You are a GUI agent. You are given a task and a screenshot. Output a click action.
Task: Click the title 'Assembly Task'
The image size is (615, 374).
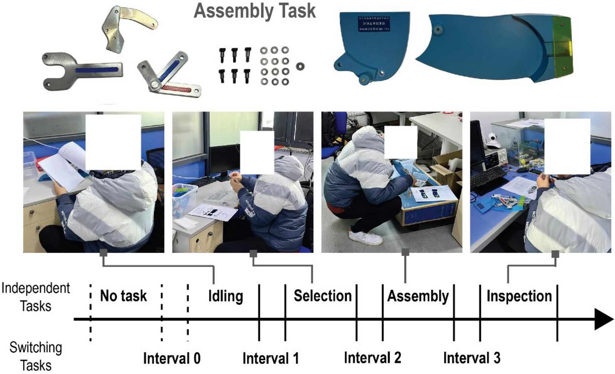click(255, 11)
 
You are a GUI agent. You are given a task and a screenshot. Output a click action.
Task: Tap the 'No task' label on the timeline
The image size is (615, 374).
click(123, 296)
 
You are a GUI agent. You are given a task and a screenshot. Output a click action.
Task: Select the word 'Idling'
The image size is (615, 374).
click(225, 297)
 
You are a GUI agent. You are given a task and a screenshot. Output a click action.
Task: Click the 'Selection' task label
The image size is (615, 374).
click(322, 296)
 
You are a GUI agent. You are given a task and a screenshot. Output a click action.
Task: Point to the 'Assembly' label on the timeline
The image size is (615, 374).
click(418, 296)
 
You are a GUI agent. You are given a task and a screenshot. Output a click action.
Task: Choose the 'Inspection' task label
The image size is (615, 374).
click(519, 296)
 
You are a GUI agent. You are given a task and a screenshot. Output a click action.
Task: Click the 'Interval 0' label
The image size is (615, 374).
click(172, 358)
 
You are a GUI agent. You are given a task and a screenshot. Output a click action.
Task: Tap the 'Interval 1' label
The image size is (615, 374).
click(271, 358)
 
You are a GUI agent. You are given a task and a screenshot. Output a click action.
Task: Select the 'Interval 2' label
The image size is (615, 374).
click(372, 358)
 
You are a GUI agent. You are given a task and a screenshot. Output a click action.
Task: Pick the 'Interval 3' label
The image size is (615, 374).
click(472, 358)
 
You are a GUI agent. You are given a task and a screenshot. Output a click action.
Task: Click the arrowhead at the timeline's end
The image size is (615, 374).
click(603, 319)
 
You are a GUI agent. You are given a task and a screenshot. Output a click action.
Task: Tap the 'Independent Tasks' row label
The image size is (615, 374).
click(36, 297)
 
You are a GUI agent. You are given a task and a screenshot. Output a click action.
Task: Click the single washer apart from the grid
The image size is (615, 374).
click(300, 67)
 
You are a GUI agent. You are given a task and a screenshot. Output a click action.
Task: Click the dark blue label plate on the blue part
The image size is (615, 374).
click(374, 23)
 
